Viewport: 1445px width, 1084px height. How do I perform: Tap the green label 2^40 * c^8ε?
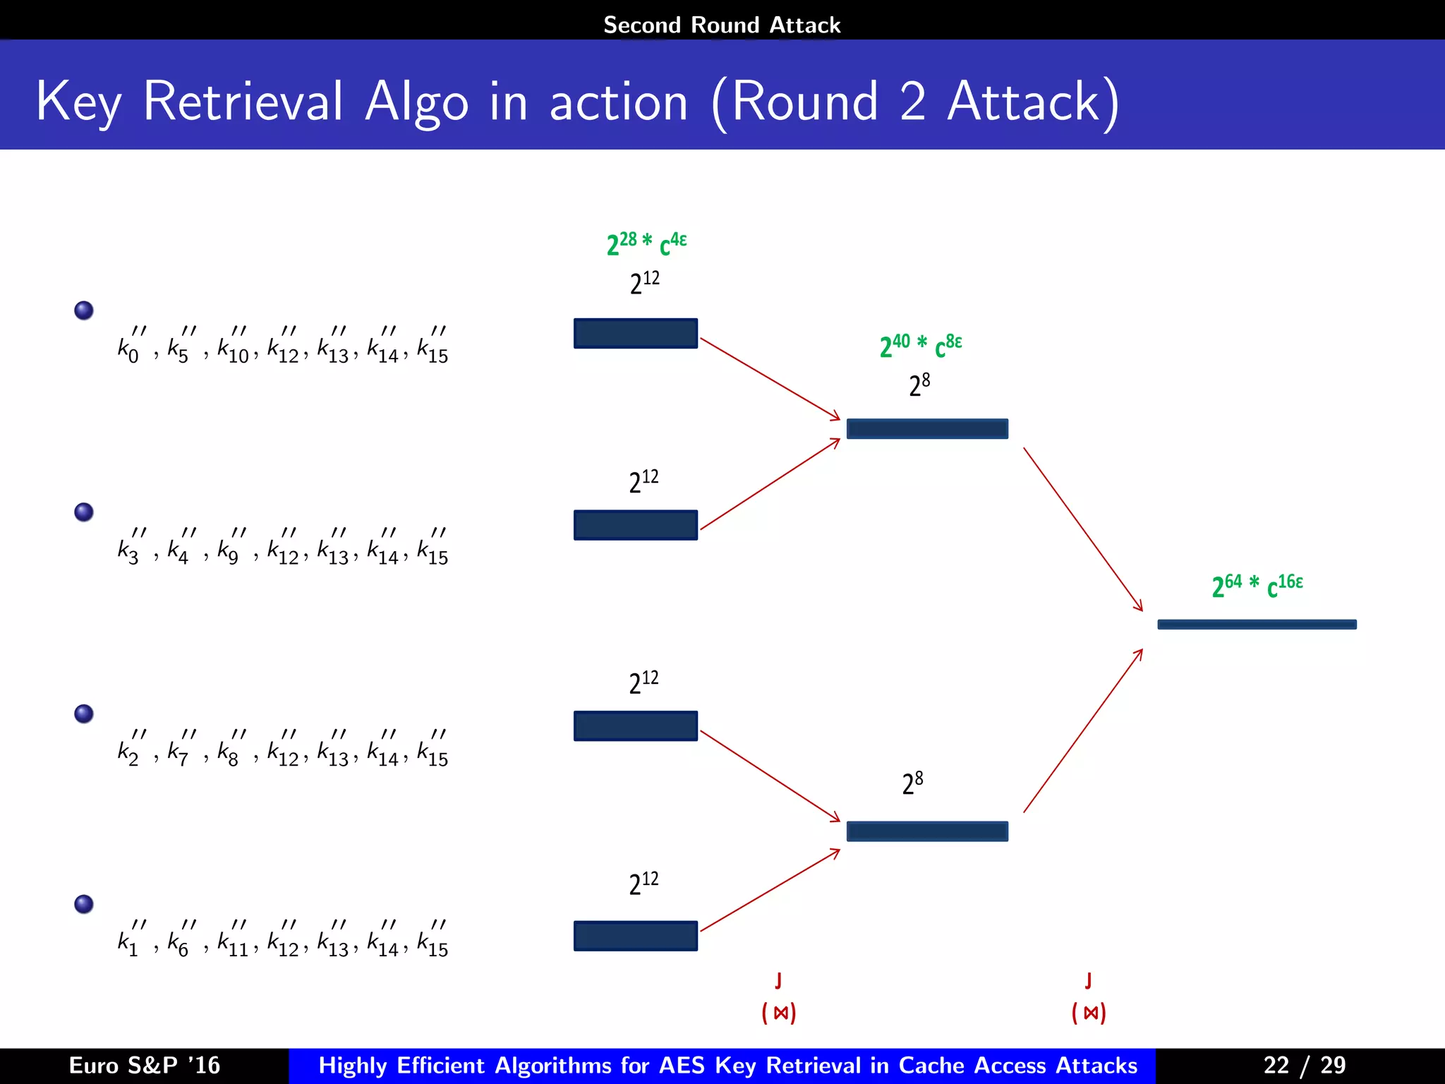click(x=920, y=345)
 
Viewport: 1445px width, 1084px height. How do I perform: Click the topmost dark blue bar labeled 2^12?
click(x=635, y=333)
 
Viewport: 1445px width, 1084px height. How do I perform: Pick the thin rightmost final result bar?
click(x=1257, y=624)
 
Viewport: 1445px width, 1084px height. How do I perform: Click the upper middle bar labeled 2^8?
click(x=926, y=428)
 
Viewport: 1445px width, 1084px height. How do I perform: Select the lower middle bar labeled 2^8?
click(x=926, y=831)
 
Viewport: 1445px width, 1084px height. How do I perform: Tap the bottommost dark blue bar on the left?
click(x=635, y=935)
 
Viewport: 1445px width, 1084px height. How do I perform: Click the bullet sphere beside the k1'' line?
click(x=84, y=904)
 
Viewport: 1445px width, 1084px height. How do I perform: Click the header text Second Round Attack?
click(x=722, y=25)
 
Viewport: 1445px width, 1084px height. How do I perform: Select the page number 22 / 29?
click(x=1304, y=1065)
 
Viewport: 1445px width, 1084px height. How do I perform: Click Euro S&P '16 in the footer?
click(x=145, y=1065)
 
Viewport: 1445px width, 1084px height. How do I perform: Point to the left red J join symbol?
click(x=778, y=980)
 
